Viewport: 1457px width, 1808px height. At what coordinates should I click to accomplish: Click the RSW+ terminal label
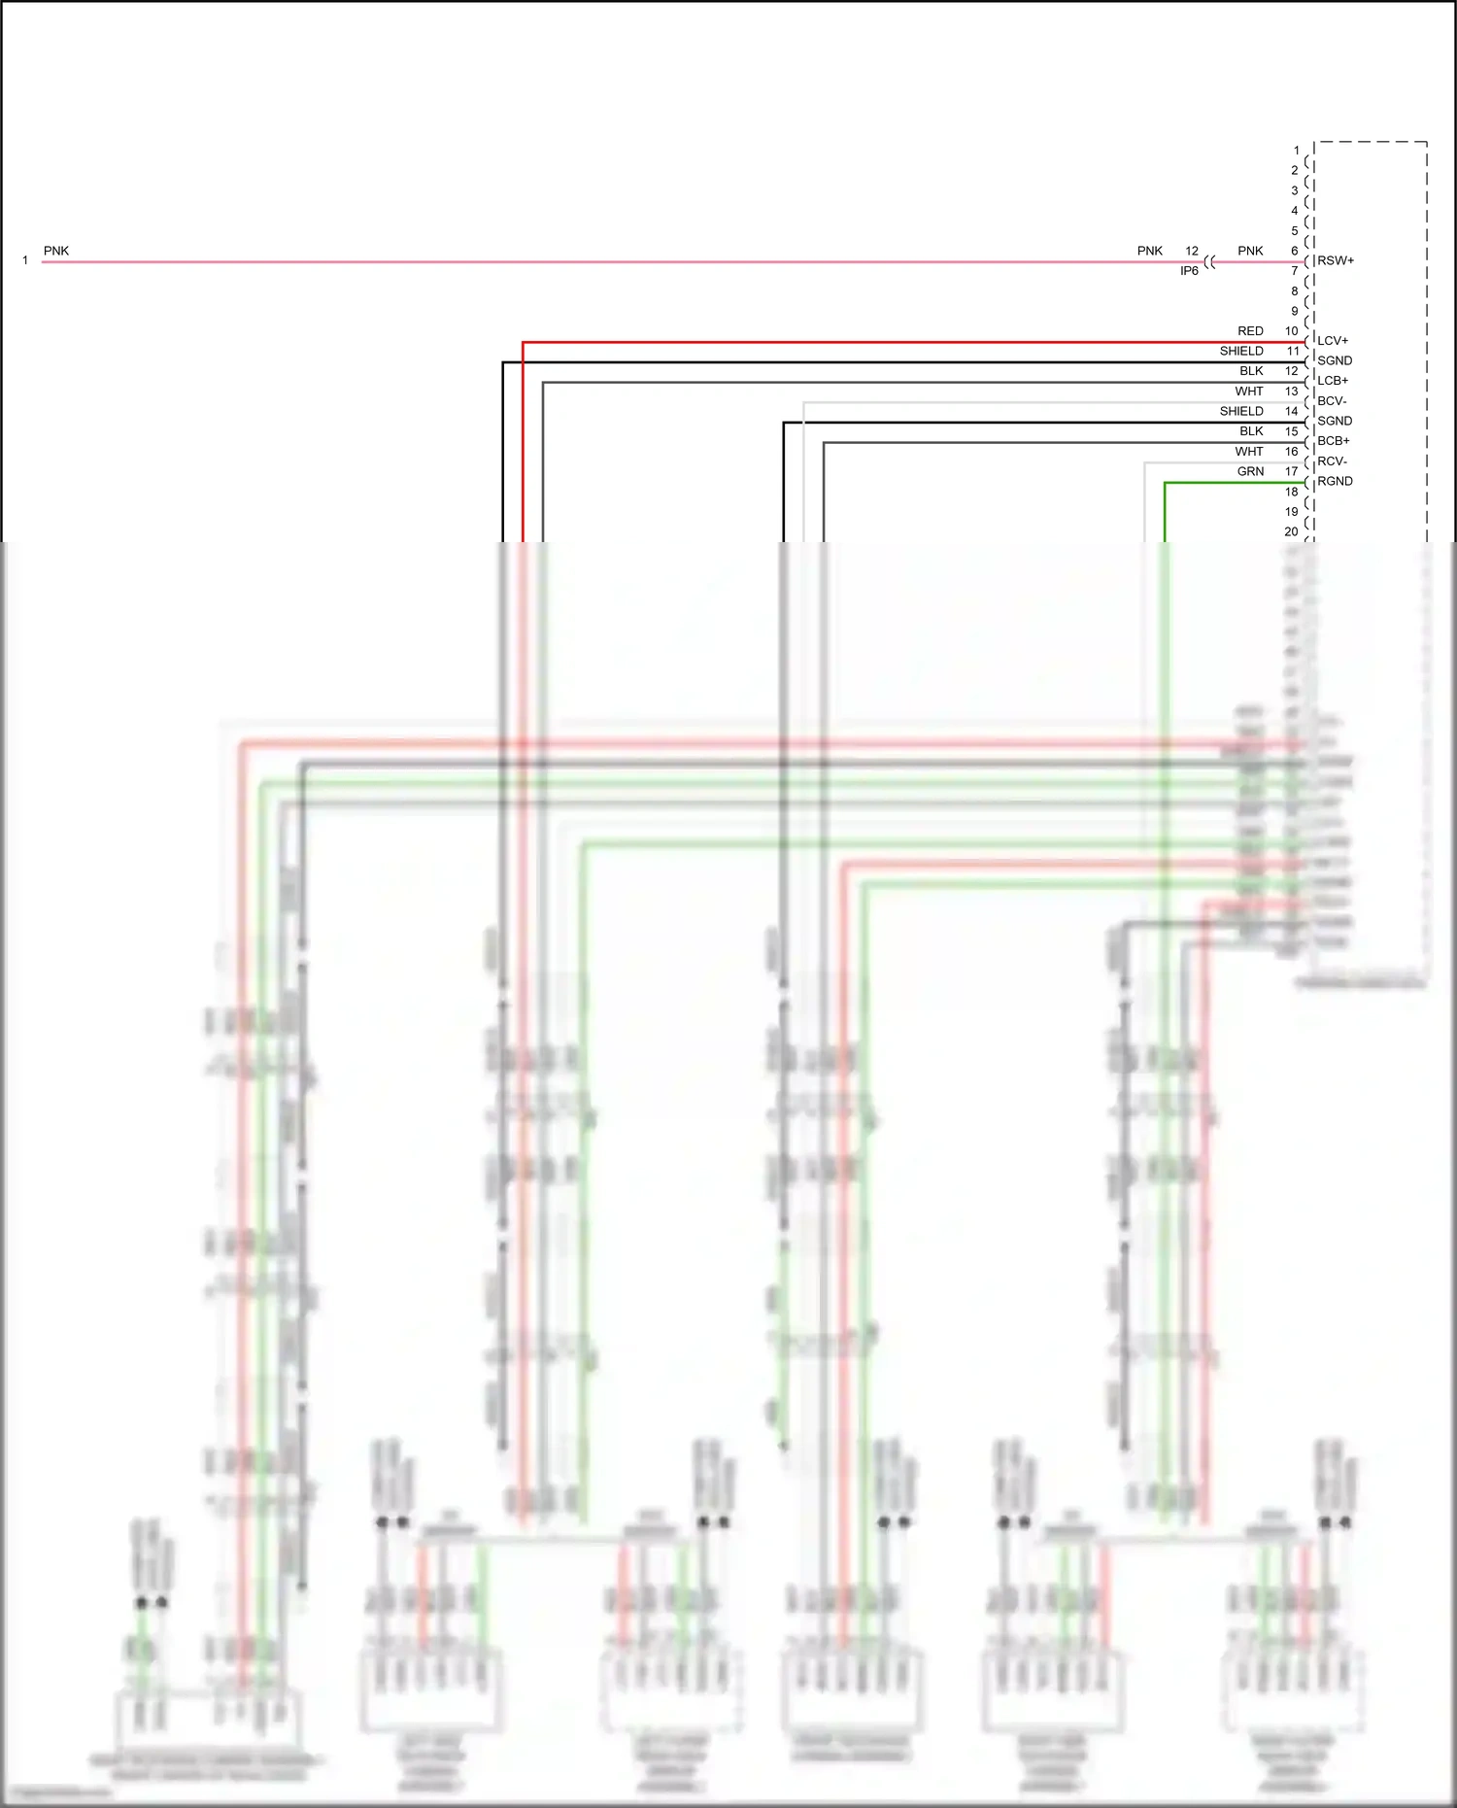coord(1335,260)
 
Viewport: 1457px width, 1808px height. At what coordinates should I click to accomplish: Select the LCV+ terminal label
coord(1332,341)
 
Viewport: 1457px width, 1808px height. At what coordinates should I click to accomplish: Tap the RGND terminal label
coord(1335,481)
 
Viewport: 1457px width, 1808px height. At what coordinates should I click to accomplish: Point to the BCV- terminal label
coord(1331,401)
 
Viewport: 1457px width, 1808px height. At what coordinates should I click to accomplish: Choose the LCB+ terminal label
coord(1332,381)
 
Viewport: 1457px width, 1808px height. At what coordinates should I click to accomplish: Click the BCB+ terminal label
coord(1333,441)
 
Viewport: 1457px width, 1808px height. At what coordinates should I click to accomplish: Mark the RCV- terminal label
coord(1331,461)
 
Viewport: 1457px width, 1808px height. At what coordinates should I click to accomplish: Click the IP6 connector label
coord(1189,271)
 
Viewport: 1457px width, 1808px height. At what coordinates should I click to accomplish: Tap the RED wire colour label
coord(1250,331)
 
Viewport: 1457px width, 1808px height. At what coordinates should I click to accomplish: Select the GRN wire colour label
coord(1250,471)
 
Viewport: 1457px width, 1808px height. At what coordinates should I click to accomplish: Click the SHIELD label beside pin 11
coord(1241,351)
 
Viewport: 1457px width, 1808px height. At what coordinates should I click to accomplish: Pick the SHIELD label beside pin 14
coord(1241,411)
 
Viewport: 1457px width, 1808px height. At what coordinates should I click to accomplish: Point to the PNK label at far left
coord(56,251)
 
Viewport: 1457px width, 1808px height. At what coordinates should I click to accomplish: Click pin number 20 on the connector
coord(1291,531)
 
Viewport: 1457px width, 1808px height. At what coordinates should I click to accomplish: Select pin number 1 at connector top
coord(1296,151)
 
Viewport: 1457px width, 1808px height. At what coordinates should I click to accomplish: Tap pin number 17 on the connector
coord(1291,471)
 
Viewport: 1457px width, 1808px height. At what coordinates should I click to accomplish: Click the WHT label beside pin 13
coord(1249,392)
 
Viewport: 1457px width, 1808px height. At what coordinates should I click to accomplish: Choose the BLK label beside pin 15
coord(1251,431)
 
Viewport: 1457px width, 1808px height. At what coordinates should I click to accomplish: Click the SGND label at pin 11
coord(1334,360)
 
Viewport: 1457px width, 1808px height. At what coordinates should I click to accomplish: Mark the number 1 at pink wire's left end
coord(25,260)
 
